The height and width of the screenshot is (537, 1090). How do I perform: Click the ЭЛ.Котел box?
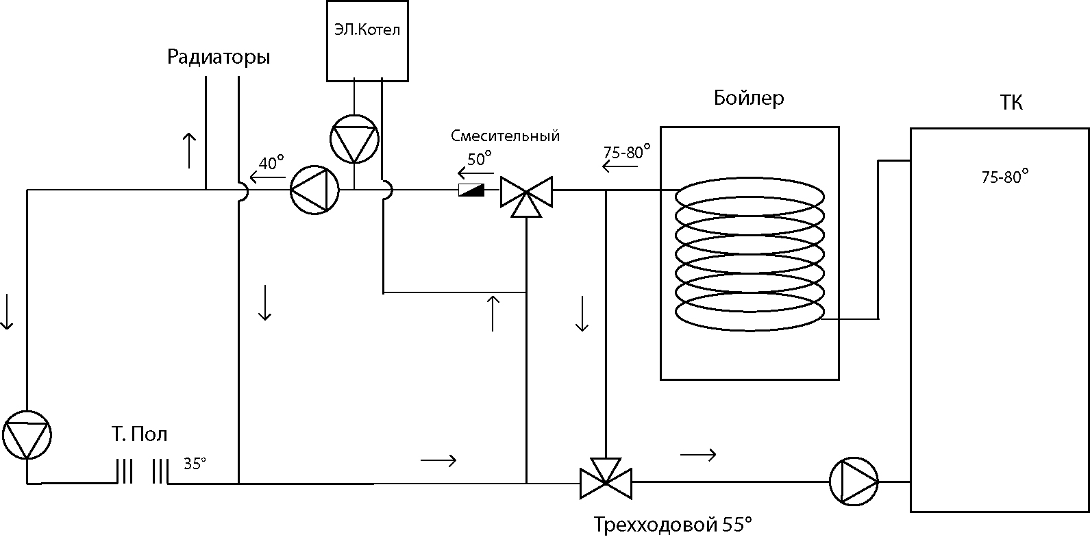367,41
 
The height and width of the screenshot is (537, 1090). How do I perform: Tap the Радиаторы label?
219,58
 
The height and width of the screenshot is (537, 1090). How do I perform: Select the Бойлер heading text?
749,98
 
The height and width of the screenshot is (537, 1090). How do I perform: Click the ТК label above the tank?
1011,103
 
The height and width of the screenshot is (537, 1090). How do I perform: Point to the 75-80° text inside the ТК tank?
1005,176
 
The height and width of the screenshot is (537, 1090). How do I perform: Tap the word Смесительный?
505,136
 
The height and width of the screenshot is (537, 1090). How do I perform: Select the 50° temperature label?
480,159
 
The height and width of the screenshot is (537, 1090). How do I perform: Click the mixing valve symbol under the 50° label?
527,196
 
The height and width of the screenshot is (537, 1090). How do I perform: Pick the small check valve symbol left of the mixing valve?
471,190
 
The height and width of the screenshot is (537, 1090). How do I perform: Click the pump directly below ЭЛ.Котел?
354,139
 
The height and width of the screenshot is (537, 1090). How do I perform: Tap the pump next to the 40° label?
314,190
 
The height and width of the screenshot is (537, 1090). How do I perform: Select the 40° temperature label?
271,162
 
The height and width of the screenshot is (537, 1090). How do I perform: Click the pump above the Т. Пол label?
27,435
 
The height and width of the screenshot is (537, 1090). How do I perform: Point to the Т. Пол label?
140,434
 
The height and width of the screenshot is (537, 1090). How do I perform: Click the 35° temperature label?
195,464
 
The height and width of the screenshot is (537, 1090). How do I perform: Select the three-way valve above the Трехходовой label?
606,479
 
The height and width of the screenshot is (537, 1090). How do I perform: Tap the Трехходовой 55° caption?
673,525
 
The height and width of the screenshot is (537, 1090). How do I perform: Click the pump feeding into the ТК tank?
854,482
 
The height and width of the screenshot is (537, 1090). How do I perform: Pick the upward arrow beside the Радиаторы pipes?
189,151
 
